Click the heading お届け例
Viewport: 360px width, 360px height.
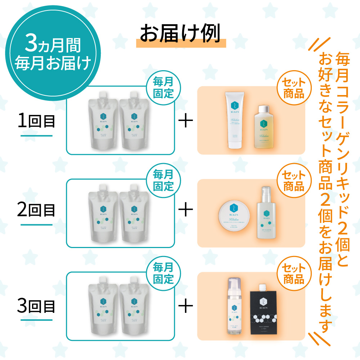(x=180, y=34)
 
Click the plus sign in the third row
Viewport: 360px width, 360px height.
(x=186, y=307)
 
